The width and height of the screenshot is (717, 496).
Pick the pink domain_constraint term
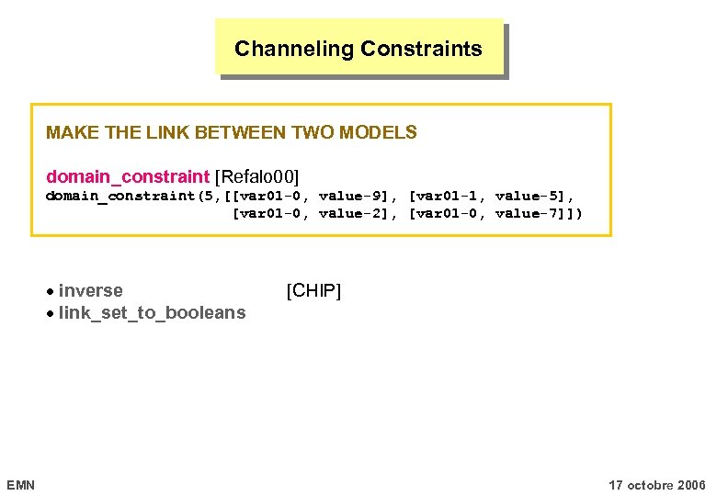tap(128, 175)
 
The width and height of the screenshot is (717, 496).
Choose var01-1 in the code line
tap(447, 196)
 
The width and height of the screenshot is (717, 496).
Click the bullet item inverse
tap(90, 291)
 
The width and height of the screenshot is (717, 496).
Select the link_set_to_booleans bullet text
tap(152, 313)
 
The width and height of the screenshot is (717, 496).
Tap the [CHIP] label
tap(313, 291)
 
